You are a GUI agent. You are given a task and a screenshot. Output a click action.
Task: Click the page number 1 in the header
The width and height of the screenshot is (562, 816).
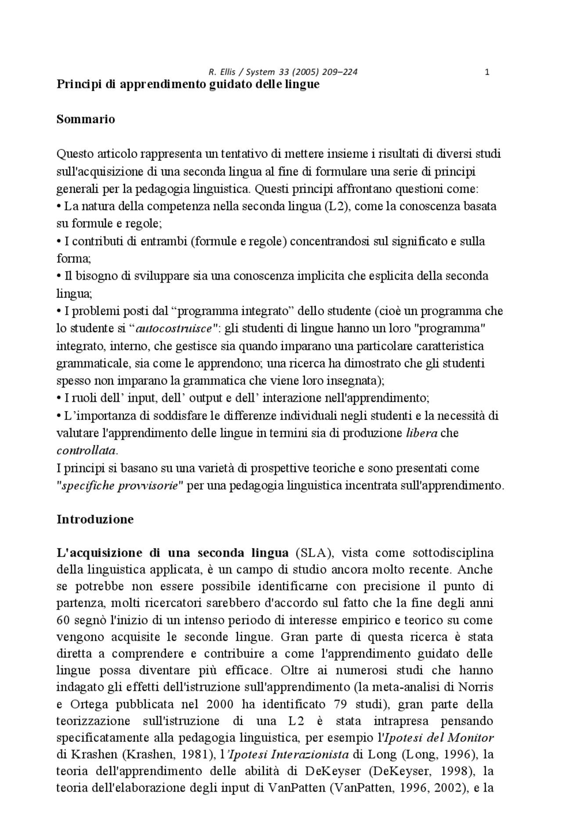pos(487,72)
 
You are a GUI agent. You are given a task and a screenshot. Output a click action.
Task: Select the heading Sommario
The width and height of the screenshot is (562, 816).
pos(86,119)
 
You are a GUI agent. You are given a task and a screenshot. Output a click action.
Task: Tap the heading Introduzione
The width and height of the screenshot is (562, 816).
pos(95,519)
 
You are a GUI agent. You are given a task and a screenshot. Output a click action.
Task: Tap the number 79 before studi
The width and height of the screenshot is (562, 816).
pos(338,705)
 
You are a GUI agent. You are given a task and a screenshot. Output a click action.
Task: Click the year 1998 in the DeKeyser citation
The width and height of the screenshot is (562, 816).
pos(455,771)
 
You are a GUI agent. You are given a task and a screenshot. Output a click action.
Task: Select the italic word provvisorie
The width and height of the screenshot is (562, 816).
pos(149,486)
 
